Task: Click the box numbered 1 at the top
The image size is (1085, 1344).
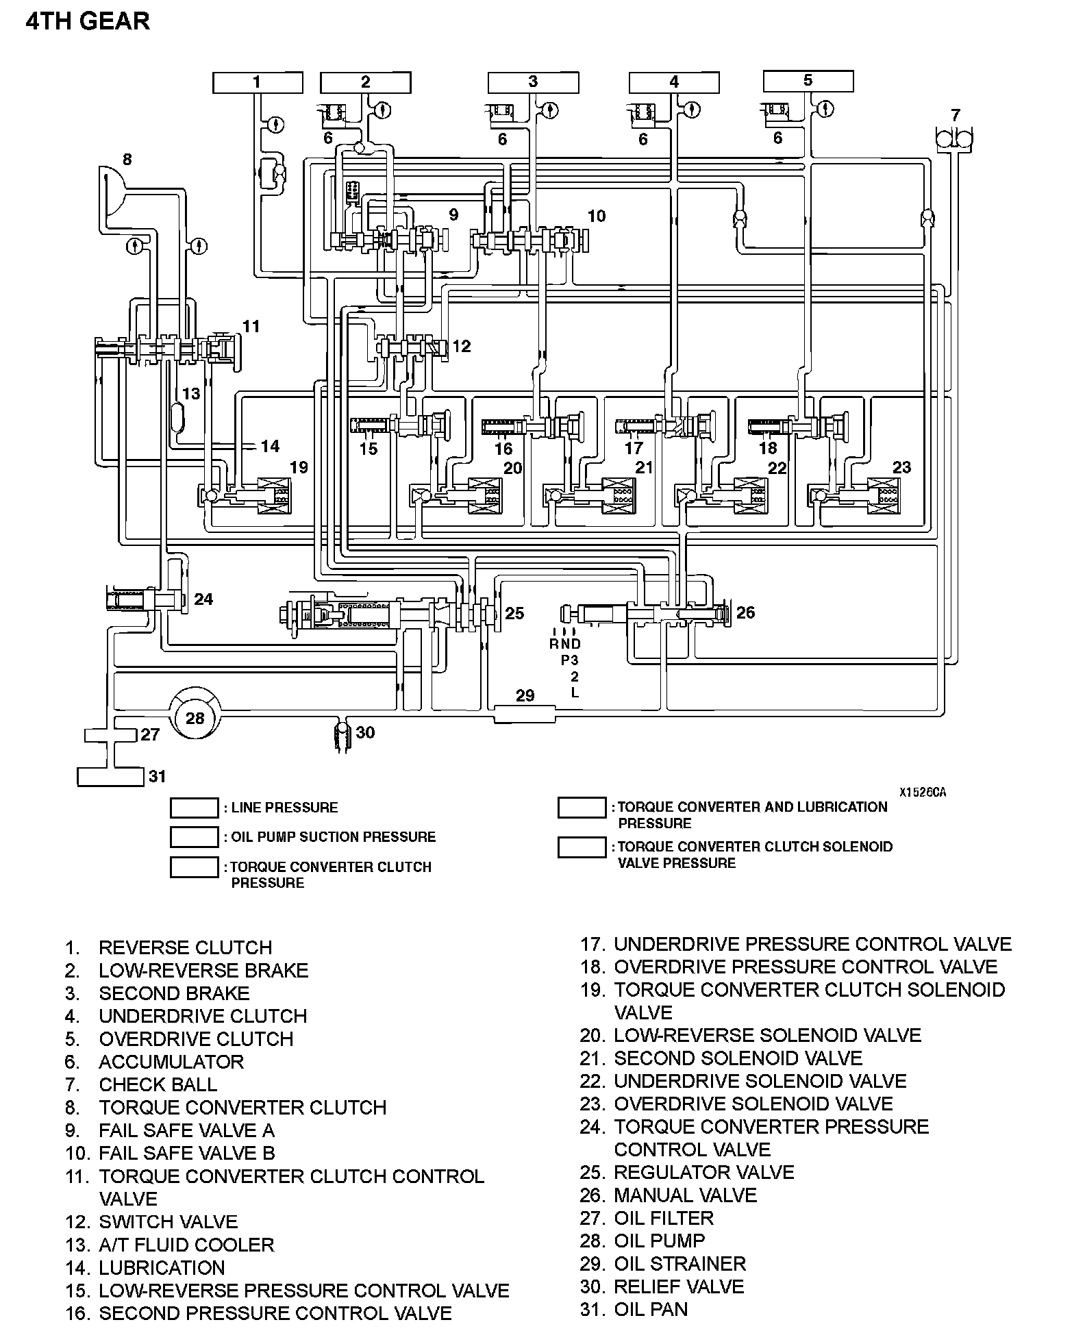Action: point(257,83)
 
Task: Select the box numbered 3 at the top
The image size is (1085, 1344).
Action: point(533,83)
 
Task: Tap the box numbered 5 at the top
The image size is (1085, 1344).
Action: point(808,81)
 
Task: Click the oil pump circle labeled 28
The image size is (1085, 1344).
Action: point(195,718)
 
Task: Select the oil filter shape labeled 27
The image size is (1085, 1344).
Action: point(110,735)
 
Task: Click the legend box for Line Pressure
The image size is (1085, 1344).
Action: point(194,808)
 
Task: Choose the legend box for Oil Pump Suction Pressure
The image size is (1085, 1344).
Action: point(194,837)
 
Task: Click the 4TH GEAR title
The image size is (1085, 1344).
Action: point(88,22)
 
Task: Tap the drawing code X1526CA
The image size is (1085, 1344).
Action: point(923,793)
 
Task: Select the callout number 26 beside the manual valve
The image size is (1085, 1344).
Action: point(745,612)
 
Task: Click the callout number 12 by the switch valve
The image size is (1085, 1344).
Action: point(462,346)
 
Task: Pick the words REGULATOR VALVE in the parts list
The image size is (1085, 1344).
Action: point(703,1172)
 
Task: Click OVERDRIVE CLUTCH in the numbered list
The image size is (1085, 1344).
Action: point(196,1038)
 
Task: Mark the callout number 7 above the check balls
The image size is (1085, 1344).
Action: point(956,114)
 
